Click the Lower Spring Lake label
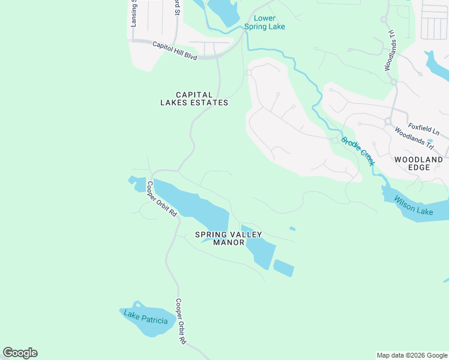[x=264, y=22]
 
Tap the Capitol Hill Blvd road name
[x=175, y=50]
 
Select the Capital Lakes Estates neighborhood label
[x=194, y=98]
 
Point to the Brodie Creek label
[x=358, y=152]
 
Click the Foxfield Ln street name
[x=424, y=129]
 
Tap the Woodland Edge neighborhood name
[x=418, y=163]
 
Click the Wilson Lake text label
[x=414, y=205]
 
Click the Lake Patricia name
[x=145, y=317]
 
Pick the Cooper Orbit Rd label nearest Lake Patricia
[x=180, y=321]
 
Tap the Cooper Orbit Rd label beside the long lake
[x=162, y=198]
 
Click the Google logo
[x=20, y=353]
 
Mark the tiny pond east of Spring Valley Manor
[x=292, y=229]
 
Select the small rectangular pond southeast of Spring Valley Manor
[x=284, y=268]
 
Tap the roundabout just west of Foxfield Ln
[x=388, y=121]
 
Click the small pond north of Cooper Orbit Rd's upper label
[x=133, y=179]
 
